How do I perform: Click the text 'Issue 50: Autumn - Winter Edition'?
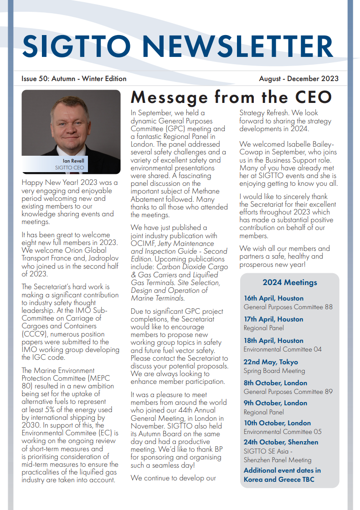pyautogui.click(x=74, y=79)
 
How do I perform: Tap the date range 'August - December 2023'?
pyautogui.click(x=298, y=79)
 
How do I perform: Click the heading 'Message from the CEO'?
pyautogui.click(x=231, y=97)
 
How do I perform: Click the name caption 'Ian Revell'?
pyautogui.click(x=73, y=161)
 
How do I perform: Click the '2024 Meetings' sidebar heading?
pyautogui.click(x=290, y=283)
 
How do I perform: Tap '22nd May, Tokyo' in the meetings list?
pyautogui.click(x=271, y=362)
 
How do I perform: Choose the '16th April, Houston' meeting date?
pyautogui.click(x=273, y=298)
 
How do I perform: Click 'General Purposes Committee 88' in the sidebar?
pyautogui.click(x=288, y=307)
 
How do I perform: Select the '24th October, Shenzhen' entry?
pyautogui.click(x=281, y=442)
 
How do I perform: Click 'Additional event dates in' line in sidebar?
pyautogui.click(x=282, y=470)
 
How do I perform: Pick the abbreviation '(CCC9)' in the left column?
pyautogui.click(x=34, y=334)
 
